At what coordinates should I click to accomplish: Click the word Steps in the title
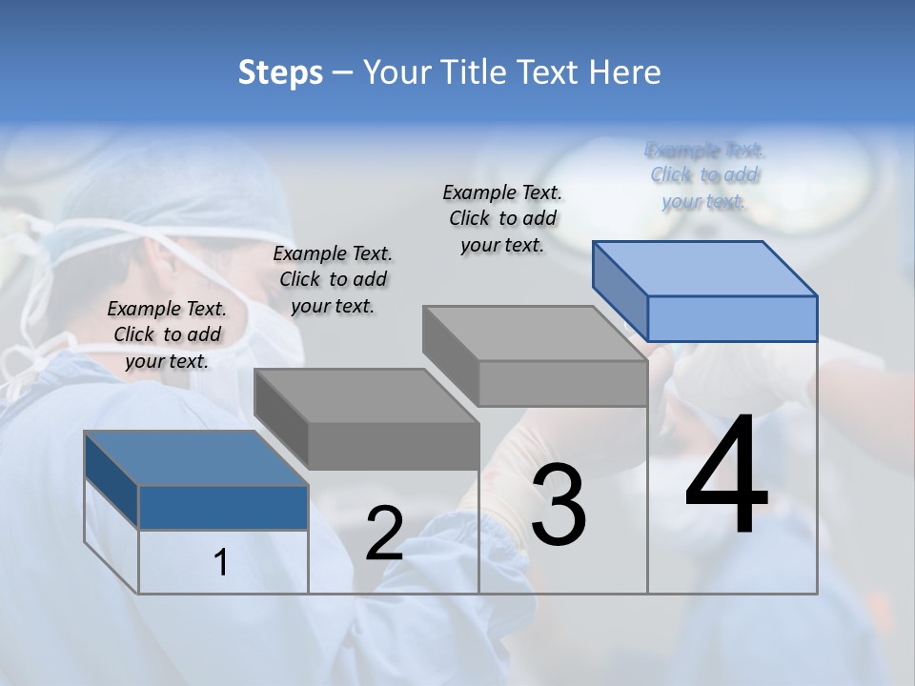tap(280, 72)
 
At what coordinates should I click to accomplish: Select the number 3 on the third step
tap(559, 506)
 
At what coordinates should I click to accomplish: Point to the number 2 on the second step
tap(384, 535)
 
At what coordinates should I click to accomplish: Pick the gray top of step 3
tap(534, 333)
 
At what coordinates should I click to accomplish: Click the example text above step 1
tap(167, 334)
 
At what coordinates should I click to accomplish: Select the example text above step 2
tap(333, 279)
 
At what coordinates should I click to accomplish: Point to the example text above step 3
tap(502, 218)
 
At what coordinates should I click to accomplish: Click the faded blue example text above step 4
tap(704, 175)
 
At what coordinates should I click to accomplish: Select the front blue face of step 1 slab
tap(223, 507)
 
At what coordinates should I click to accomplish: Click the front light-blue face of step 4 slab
tap(732, 318)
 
